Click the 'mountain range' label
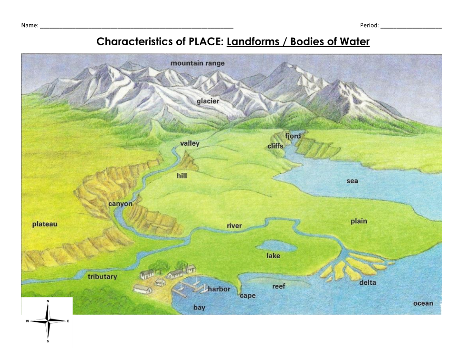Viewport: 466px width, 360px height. click(x=197, y=63)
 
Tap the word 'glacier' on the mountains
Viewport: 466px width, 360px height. click(x=208, y=101)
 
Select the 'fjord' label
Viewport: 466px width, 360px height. click(x=293, y=136)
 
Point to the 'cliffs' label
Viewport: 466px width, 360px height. click(x=275, y=146)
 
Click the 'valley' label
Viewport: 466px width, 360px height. click(x=190, y=143)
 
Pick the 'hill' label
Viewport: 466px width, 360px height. click(x=182, y=176)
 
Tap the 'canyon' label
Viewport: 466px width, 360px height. click(x=121, y=204)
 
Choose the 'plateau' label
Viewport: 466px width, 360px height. click(x=45, y=224)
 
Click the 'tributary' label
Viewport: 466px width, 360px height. click(x=102, y=276)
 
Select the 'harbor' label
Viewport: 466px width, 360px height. click(x=219, y=289)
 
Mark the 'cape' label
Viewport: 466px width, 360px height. click(x=248, y=295)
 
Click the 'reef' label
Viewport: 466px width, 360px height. click(x=279, y=286)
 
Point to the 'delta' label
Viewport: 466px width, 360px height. click(x=367, y=282)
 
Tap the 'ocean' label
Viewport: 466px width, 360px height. click(x=423, y=303)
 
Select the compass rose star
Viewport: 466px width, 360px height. click(x=48, y=321)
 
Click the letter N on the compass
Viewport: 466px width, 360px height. click(x=48, y=301)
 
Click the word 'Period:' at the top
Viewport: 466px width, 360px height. click(x=370, y=25)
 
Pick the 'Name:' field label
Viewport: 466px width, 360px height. click(x=30, y=25)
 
